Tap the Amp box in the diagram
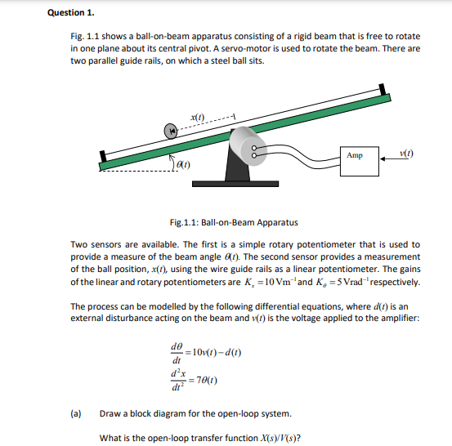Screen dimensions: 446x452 (x=355, y=155)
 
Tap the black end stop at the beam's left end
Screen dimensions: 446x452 (x=103, y=157)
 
